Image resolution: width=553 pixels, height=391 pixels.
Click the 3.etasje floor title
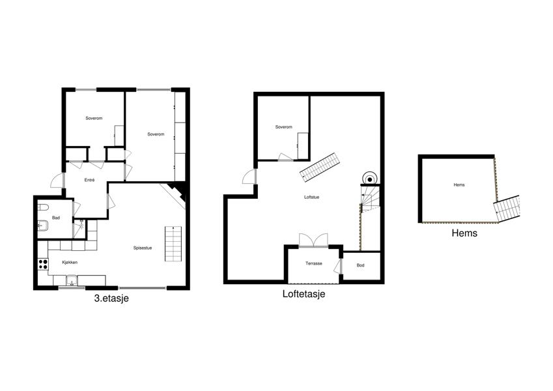tap(111, 298)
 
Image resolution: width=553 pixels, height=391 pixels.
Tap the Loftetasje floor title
tap(304, 294)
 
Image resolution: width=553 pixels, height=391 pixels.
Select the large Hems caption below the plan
tap(464, 233)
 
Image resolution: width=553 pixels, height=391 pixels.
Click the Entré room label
tap(90, 180)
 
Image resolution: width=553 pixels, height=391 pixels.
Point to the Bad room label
tap(56, 218)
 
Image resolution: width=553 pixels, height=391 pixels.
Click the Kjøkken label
tap(70, 262)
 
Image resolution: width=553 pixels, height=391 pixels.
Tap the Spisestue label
tap(143, 248)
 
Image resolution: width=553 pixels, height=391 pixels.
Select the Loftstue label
tap(312, 197)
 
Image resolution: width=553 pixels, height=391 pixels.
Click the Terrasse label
tap(314, 263)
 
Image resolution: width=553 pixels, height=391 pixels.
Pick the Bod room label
tap(360, 265)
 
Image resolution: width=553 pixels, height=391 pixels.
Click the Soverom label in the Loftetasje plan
tap(284, 126)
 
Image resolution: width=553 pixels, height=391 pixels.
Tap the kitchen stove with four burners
tap(43, 265)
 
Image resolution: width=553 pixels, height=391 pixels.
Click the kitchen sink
tap(72, 280)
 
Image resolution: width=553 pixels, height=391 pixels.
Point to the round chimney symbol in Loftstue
tap(369, 180)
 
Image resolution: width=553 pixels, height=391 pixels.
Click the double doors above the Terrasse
tap(313, 240)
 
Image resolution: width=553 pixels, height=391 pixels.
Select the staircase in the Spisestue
tap(173, 244)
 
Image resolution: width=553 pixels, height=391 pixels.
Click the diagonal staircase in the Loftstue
tap(321, 167)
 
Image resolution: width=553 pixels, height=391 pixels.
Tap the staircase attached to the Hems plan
tap(507, 209)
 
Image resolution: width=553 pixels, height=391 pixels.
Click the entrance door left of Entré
tap(57, 181)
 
